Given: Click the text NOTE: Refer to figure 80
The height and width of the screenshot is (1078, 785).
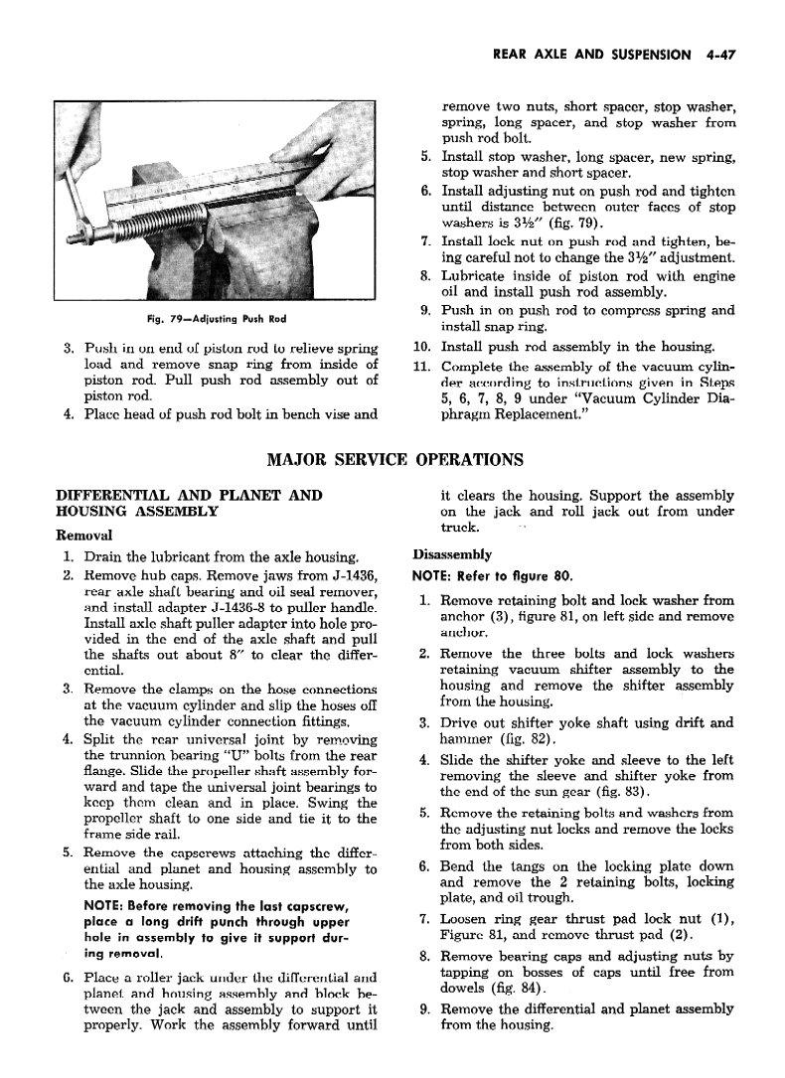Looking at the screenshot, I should coord(477,575).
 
